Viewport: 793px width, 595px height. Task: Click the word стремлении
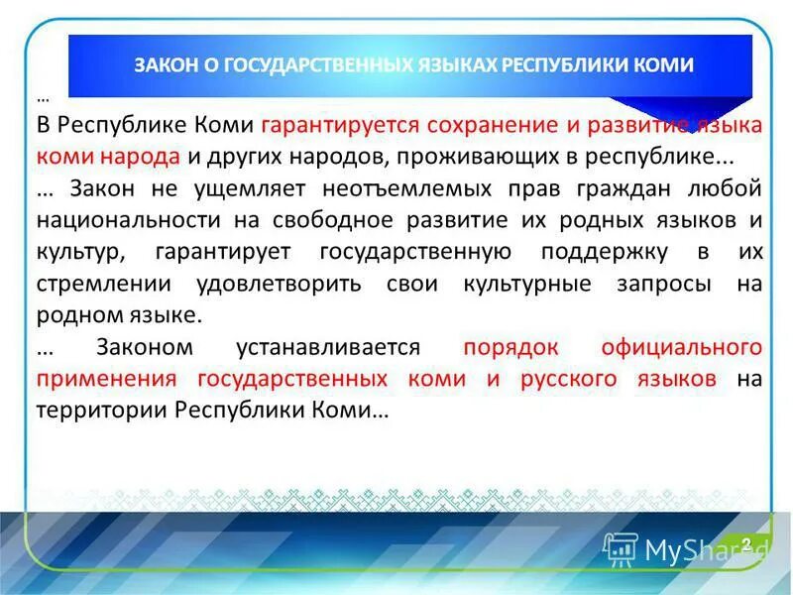pos(104,284)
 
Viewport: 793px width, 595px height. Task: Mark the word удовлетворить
pos(272,284)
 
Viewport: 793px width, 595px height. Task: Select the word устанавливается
pos(328,347)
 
